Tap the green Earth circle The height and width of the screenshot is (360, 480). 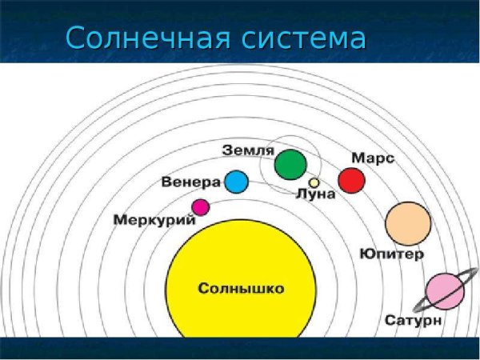pos(290,165)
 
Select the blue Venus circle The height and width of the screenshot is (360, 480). pos(236,182)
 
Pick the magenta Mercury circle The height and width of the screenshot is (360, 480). pos(200,207)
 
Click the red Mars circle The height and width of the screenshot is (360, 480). pos(350,180)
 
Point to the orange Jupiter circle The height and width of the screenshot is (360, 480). pos(408,223)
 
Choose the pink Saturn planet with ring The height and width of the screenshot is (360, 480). pos(444,292)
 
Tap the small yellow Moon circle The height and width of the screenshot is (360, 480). pos(314,182)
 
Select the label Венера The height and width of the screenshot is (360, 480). pos(190,182)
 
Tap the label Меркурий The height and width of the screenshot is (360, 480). pos(154,219)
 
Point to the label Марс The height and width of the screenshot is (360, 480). pos(372,158)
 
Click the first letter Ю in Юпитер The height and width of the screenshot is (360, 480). pos(366,254)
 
